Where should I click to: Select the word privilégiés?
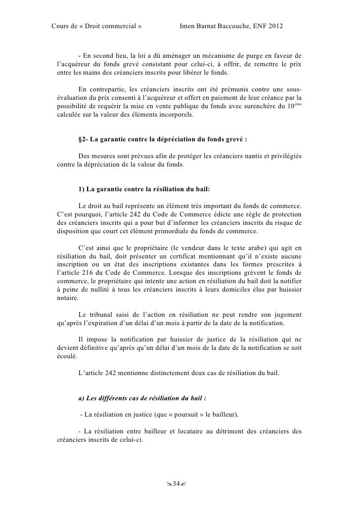click(285, 157)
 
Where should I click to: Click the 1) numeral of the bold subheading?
click(82, 191)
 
